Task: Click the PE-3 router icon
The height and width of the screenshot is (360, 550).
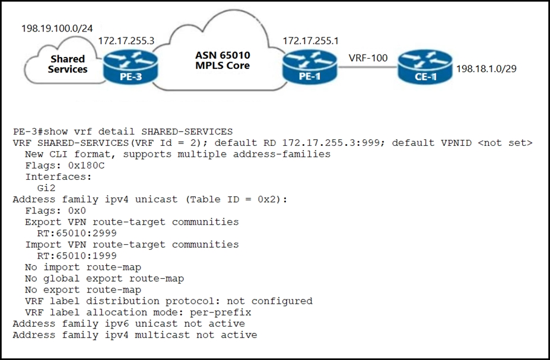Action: pyautogui.click(x=131, y=67)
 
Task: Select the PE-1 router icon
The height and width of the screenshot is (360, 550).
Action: pyautogui.click(x=310, y=67)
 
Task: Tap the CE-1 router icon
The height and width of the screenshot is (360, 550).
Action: pyautogui.click(x=425, y=67)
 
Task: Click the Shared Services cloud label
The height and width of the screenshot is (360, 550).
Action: pyautogui.click(x=68, y=64)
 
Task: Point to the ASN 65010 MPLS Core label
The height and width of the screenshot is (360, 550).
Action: pyautogui.click(x=222, y=60)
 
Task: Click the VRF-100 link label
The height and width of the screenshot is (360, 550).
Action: pyautogui.click(x=368, y=58)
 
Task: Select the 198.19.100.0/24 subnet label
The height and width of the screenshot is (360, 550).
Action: pyautogui.click(x=57, y=28)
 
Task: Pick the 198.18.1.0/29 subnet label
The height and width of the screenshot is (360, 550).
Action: pyautogui.click(x=486, y=69)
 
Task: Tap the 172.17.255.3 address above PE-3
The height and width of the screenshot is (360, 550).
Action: pyautogui.click(x=126, y=41)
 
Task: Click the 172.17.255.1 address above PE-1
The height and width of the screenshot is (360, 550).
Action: pyautogui.click(x=311, y=41)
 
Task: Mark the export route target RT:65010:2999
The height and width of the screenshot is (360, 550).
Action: pyautogui.click(x=77, y=233)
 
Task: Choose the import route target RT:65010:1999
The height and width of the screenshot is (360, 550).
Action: pyautogui.click(x=77, y=256)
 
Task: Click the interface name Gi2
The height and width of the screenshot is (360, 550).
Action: pyautogui.click(x=46, y=188)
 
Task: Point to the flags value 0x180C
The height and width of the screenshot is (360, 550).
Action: pyautogui.click(x=86, y=165)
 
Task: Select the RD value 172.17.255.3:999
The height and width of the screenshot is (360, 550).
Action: pyautogui.click(x=331, y=143)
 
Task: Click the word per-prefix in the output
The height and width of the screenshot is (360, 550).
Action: pyautogui.click(x=221, y=313)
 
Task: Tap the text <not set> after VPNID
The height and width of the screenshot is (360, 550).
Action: pyautogui.click(x=505, y=143)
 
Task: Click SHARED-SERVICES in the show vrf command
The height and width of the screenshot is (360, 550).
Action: pyautogui.click(x=187, y=132)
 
